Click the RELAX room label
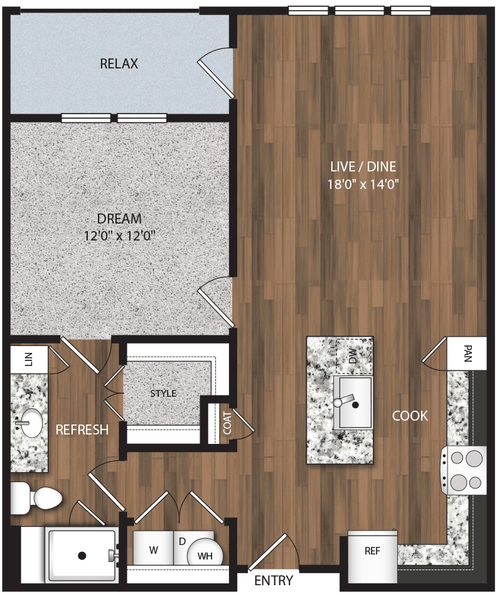[x=119, y=64]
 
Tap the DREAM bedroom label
[x=119, y=219]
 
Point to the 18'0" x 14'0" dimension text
[x=364, y=184]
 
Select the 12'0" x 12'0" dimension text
[x=119, y=236]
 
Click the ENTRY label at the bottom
[x=274, y=581]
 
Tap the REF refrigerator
[x=372, y=551]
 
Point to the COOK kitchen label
[x=410, y=416]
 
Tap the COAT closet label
[x=227, y=423]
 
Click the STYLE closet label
[x=163, y=394]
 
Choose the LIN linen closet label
[x=28, y=359]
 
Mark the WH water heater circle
[x=205, y=555]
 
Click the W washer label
[x=153, y=551]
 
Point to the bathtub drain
[x=82, y=555]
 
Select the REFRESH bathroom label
[x=82, y=430]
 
